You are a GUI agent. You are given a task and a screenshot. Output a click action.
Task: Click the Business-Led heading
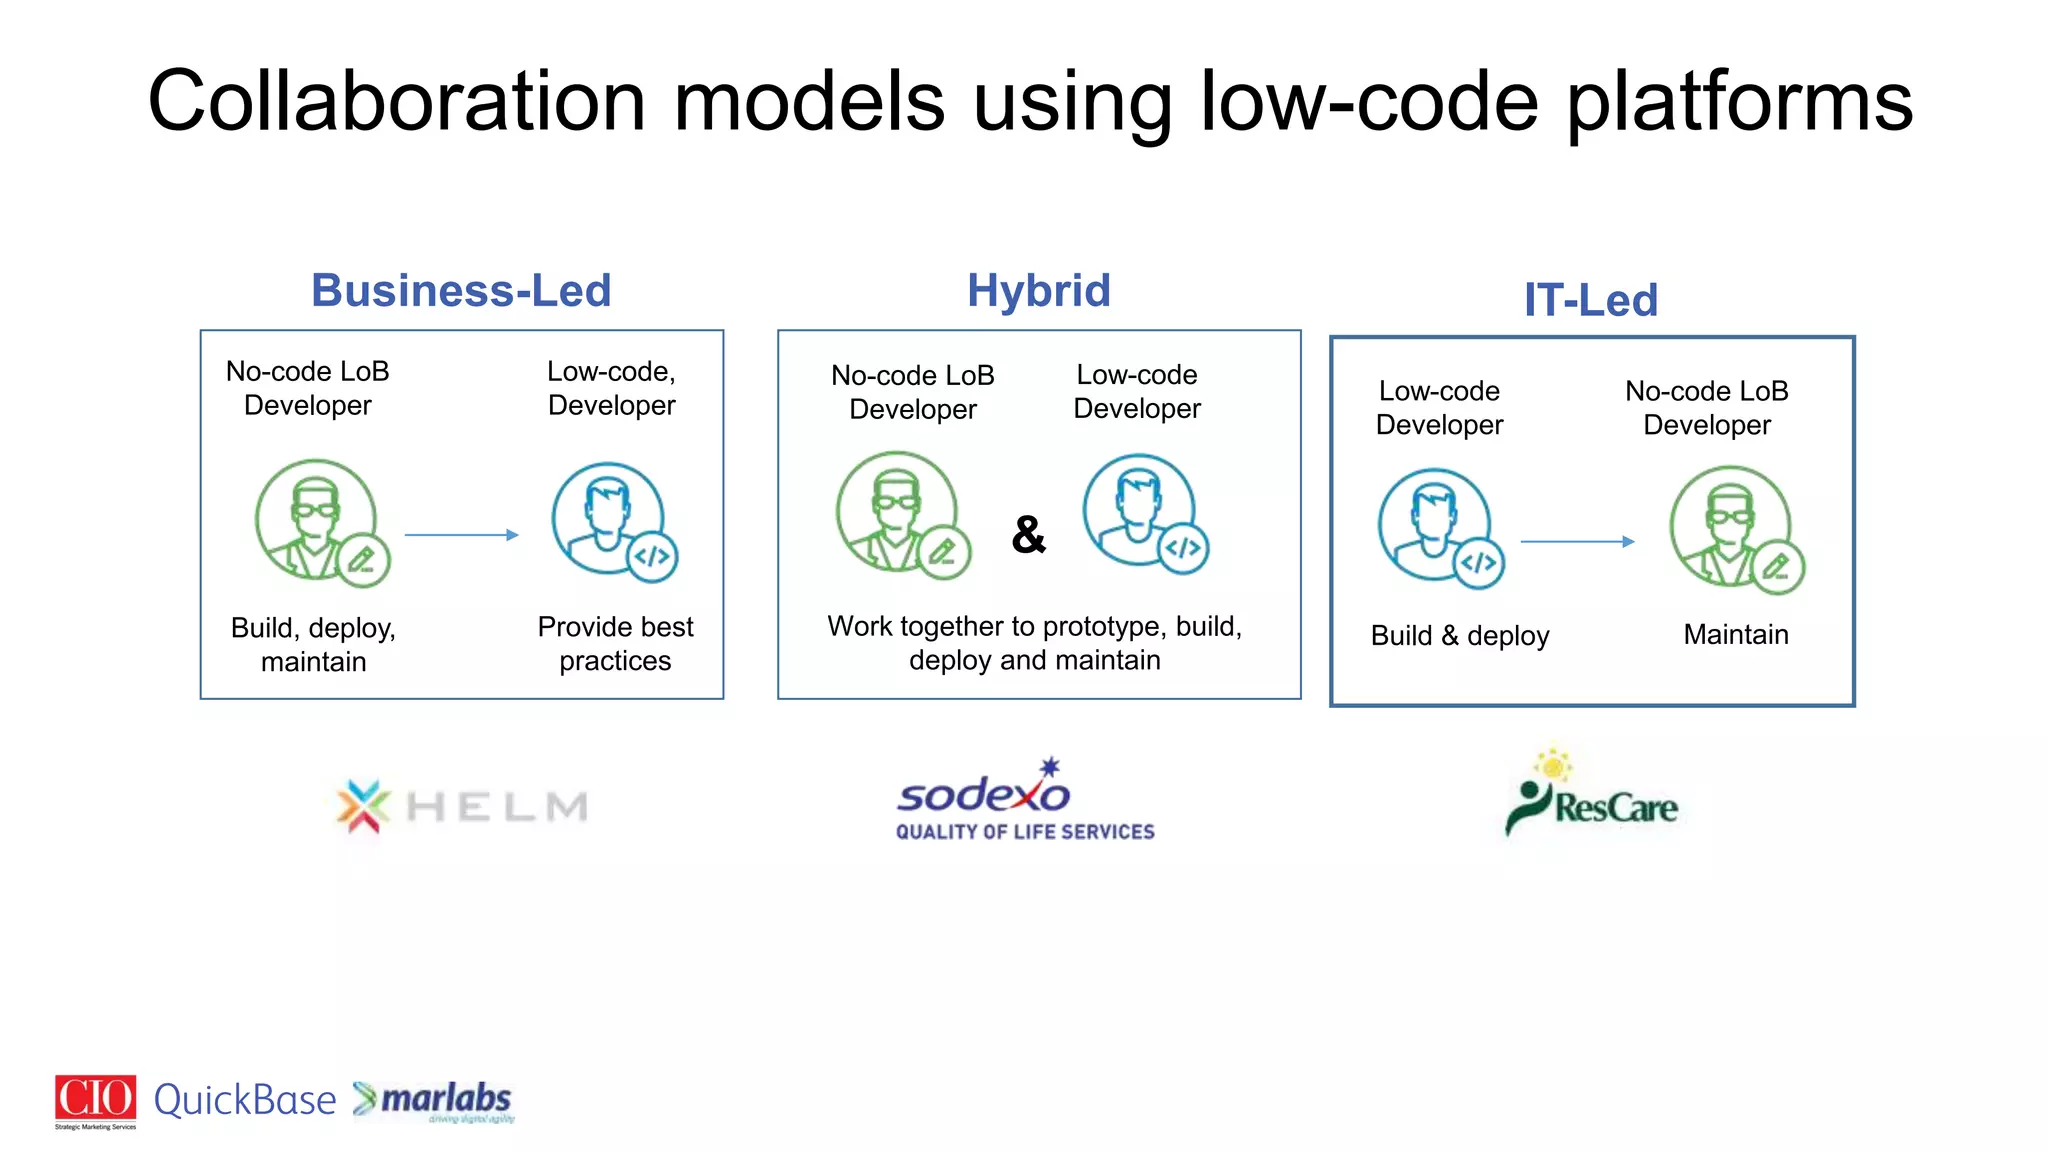pyautogui.click(x=461, y=291)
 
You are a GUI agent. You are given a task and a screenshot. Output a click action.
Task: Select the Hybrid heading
pyautogui.click(x=1038, y=291)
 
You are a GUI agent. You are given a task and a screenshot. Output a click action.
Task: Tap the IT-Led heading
pyautogui.click(x=1590, y=300)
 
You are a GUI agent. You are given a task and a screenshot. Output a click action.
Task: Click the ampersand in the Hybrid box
pyautogui.click(x=1028, y=535)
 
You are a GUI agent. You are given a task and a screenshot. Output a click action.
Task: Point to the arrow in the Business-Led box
pyautogui.click(x=461, y=535)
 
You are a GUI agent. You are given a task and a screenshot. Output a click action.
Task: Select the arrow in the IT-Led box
pyautogui.click(x=1577, y=541)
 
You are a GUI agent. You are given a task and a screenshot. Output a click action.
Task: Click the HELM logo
pyautogui.click(x=462, y=806)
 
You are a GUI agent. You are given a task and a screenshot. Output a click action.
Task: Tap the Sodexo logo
pyautogui.click(x=1024, y=800)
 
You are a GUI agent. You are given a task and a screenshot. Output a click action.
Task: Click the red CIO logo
pyautogui.click(x=95, y=1099)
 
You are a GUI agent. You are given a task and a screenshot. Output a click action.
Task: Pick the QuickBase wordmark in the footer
pyautogui.click(x=245, y=1100)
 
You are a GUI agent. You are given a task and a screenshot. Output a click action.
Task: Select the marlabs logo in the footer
pyautogui.click(x=434, y=1100)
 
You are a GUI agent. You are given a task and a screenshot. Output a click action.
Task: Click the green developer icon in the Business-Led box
pyautogui.click(x=316, y=520)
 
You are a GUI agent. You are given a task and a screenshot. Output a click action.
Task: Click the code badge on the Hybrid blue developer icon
pyautogui.click(x=1184, y=548)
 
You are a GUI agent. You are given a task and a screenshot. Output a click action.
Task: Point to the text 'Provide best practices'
pyautogui.click(x=615, y=643)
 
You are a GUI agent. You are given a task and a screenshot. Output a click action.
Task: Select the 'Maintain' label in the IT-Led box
pyautogui.click(x=1735, y=634)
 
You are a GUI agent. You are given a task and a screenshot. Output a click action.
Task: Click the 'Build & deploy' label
pyautogui.click(x=1459, y=635)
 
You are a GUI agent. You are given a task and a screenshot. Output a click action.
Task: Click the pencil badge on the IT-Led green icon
pyautogui.click(x=1777, y=567)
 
